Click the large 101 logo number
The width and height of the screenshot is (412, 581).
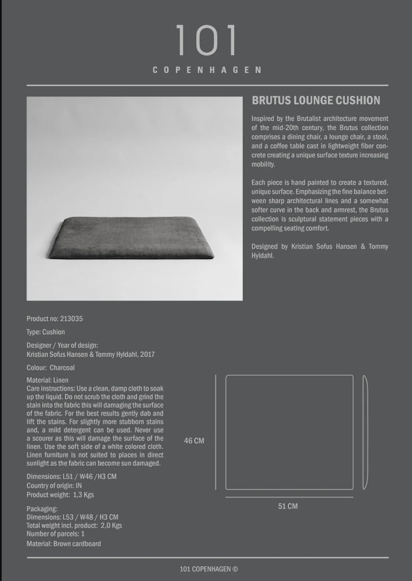click(205, 41)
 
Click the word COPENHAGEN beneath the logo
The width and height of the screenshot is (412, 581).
click(207, 70)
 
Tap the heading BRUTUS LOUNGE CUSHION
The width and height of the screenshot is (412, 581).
click(315, 101)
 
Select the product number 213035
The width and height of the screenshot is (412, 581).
click(71, 318)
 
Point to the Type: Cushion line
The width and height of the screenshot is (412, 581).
click(46, 332)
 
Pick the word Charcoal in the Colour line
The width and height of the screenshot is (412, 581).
click(62, 368)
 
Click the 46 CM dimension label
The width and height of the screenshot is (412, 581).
click(194, 440)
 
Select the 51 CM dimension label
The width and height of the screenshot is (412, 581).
click(288, 506)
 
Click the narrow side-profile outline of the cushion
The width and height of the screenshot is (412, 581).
click(365, 432)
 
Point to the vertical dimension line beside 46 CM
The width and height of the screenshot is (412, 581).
click(216, 432)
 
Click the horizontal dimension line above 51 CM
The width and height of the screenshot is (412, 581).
click(289, 497)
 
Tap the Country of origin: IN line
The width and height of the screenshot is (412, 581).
click(54, 486)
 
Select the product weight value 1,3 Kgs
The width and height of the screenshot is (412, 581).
click(84, 495)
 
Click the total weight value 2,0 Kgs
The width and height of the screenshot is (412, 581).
click(111, 525)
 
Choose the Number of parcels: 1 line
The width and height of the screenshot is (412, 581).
click(55, 534)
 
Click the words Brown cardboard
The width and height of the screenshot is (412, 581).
click(77, 544)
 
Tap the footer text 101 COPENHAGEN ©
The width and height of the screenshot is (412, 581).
click(209, 569)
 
